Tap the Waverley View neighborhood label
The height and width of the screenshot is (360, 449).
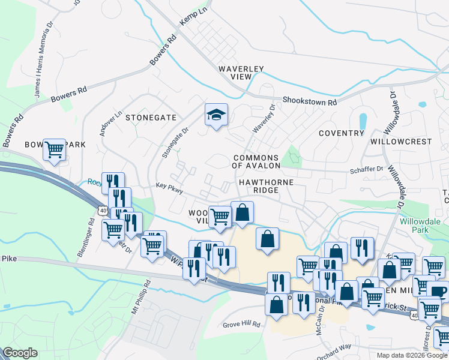(x=241, y=73)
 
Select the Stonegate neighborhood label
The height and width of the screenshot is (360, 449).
(x=151, y=118)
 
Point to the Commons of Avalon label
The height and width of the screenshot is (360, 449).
(x=256, y=161)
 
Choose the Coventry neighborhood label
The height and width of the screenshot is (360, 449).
(x=342, y=133)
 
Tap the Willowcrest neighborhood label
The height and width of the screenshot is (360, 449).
(x=401, y=142)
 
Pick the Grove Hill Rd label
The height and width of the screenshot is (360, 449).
(x=241, y=324)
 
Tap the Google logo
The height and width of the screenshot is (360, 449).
(x=20, y=353)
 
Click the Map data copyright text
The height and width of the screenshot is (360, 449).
(x=412, y=355)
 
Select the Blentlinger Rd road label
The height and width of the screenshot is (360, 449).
(x=86, y=238)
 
